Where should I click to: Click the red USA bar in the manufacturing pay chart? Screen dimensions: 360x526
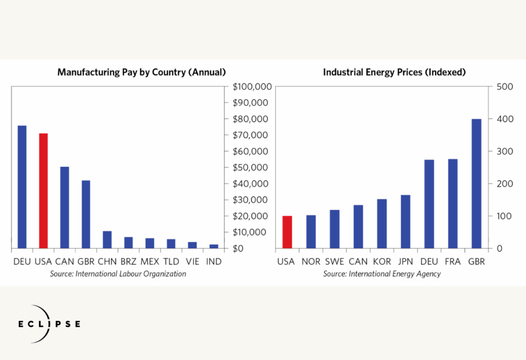[x=43, y=191]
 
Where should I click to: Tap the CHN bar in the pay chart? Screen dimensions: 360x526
[x=107, y=239]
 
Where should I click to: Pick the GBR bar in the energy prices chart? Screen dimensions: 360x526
[x=476, y=183]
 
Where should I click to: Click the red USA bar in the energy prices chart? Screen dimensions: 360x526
[x=287, y=232]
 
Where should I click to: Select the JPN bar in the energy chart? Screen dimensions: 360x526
[x=405, y=221]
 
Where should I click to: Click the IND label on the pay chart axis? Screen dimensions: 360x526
[x=214, y=261]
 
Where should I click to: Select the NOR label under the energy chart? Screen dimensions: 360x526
[x=311, y=261]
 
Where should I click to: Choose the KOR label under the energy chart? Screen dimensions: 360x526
[x=382, y=261]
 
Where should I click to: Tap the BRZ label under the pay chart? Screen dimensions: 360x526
[x=128, y=261]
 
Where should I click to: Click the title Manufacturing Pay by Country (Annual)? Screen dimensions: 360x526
[x=142, y=72]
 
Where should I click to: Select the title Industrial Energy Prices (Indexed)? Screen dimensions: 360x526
[x=394, y=72]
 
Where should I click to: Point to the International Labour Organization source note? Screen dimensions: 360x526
[x=118, y=274]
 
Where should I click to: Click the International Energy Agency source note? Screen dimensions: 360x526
[x=382, y=274]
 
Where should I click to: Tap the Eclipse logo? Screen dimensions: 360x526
[x=49, y=324]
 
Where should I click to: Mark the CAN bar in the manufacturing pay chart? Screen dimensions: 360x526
[x=64, y=207]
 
